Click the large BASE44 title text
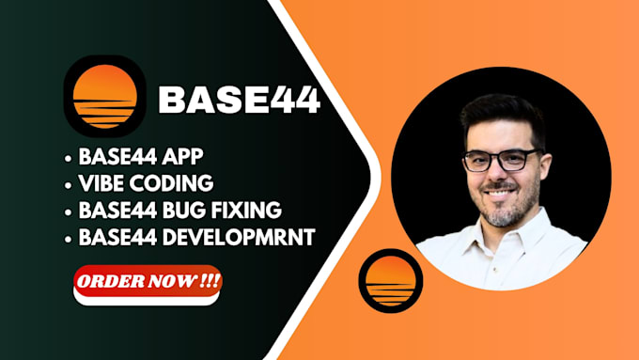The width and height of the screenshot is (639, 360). point(239,99)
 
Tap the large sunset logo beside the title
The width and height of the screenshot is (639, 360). point(104,98)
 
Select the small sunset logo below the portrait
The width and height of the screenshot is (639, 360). point(391,280)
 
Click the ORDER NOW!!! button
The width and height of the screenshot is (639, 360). point(147,281)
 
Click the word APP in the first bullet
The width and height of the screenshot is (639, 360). point(184,153)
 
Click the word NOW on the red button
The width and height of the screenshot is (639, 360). point(171,281)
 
